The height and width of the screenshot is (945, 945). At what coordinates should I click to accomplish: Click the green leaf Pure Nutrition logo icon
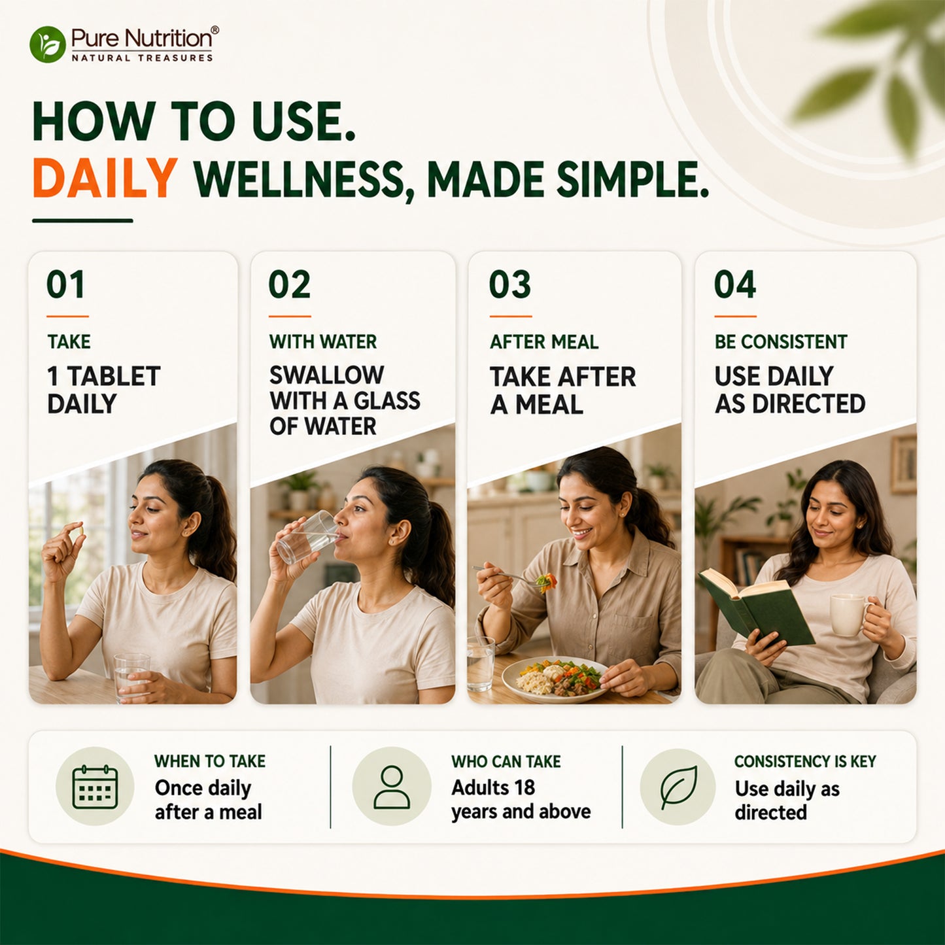(48, 44)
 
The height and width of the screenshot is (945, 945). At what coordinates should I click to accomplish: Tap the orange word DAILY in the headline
(105, 178)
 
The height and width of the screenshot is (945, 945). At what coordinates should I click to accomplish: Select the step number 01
(65, 284)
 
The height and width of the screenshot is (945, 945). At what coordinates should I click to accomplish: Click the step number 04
(734, 284)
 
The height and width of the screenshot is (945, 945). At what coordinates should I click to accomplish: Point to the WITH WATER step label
(322, 342)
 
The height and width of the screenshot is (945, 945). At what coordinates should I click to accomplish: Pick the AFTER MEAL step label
(544, 342)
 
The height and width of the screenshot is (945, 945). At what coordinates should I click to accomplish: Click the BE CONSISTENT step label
(781, 342)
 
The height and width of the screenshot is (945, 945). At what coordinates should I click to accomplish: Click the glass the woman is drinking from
(307, 537)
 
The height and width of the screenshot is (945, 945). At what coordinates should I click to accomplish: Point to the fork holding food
(515, 577)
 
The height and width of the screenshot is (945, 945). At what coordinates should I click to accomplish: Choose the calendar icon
(95, 787)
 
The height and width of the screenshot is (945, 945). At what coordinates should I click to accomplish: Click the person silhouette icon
(391, 787)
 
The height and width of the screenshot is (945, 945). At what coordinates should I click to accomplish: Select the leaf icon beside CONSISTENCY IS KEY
(678, 787)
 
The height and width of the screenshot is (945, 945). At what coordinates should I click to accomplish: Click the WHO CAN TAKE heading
(506, 761)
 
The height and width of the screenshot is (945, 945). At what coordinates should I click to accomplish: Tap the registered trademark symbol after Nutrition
(215, 30)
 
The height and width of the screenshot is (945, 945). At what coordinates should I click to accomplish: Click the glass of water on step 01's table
(131, 678)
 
